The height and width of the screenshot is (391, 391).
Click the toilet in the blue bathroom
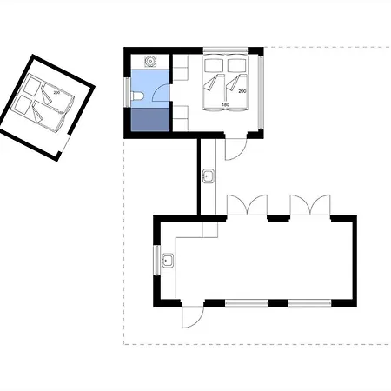click(136, 96)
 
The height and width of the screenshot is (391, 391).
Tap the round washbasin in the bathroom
click(150, 61)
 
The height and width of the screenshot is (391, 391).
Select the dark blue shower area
click(150, 119)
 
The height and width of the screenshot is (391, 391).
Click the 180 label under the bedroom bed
click(225, 104)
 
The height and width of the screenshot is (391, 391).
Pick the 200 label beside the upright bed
click(242, 91)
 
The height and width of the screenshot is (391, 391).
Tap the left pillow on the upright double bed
click(214, 65)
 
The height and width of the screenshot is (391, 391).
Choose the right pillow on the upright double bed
click(236, 65)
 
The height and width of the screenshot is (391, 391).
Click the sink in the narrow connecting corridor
click(209, 176)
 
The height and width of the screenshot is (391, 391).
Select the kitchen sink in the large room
click(168, 260)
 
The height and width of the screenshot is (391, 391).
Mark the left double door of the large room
click(247, 205)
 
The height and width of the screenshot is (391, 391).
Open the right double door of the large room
click(310, 205)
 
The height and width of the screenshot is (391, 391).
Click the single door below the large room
click(193, 316)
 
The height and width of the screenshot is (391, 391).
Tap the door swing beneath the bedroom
click(235, 149)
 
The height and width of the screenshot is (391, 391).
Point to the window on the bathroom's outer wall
click(128, 93)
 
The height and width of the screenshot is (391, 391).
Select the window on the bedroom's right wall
click(261, 93)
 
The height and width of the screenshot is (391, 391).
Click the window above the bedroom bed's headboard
click(225, 50)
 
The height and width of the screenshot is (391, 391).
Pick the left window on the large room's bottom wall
click(247, 303)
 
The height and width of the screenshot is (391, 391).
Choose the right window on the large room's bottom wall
click(309, 303)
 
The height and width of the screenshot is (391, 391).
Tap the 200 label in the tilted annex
click(56, 92)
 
